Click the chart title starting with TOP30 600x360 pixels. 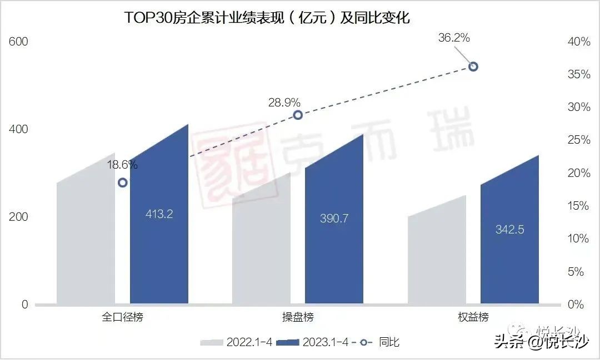[x=267, y=18]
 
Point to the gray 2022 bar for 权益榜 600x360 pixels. [x=437, y=255]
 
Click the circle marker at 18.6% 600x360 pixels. [x=123, y=182]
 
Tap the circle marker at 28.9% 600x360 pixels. [x=298, y=115]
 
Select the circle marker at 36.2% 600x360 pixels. [x=473, y=67]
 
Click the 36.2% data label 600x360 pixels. [x=454, y=38]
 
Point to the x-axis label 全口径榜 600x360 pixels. [x=122, y=317]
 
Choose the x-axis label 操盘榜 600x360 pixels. [x=298, y=317]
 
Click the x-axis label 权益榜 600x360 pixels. [x=473, y=317]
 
